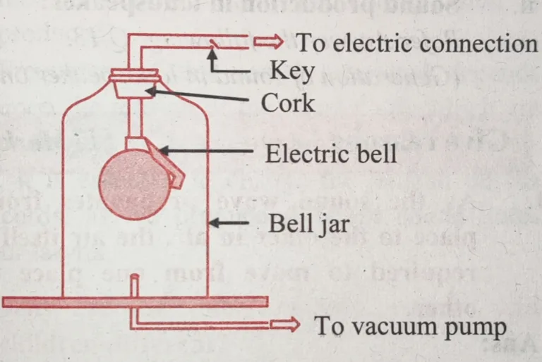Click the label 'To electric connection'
pyautogui.click(x=416, y=44)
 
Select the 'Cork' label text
pyautogui.click(x=288, y=103)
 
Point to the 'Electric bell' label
pyautogui.click(x=331, y=153)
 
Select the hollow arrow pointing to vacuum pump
pyautogui.click(x=288, y=326)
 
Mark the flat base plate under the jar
pyautogui.click(x=134, y=301)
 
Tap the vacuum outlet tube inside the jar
pyautogui.click(x=133, y=286)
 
